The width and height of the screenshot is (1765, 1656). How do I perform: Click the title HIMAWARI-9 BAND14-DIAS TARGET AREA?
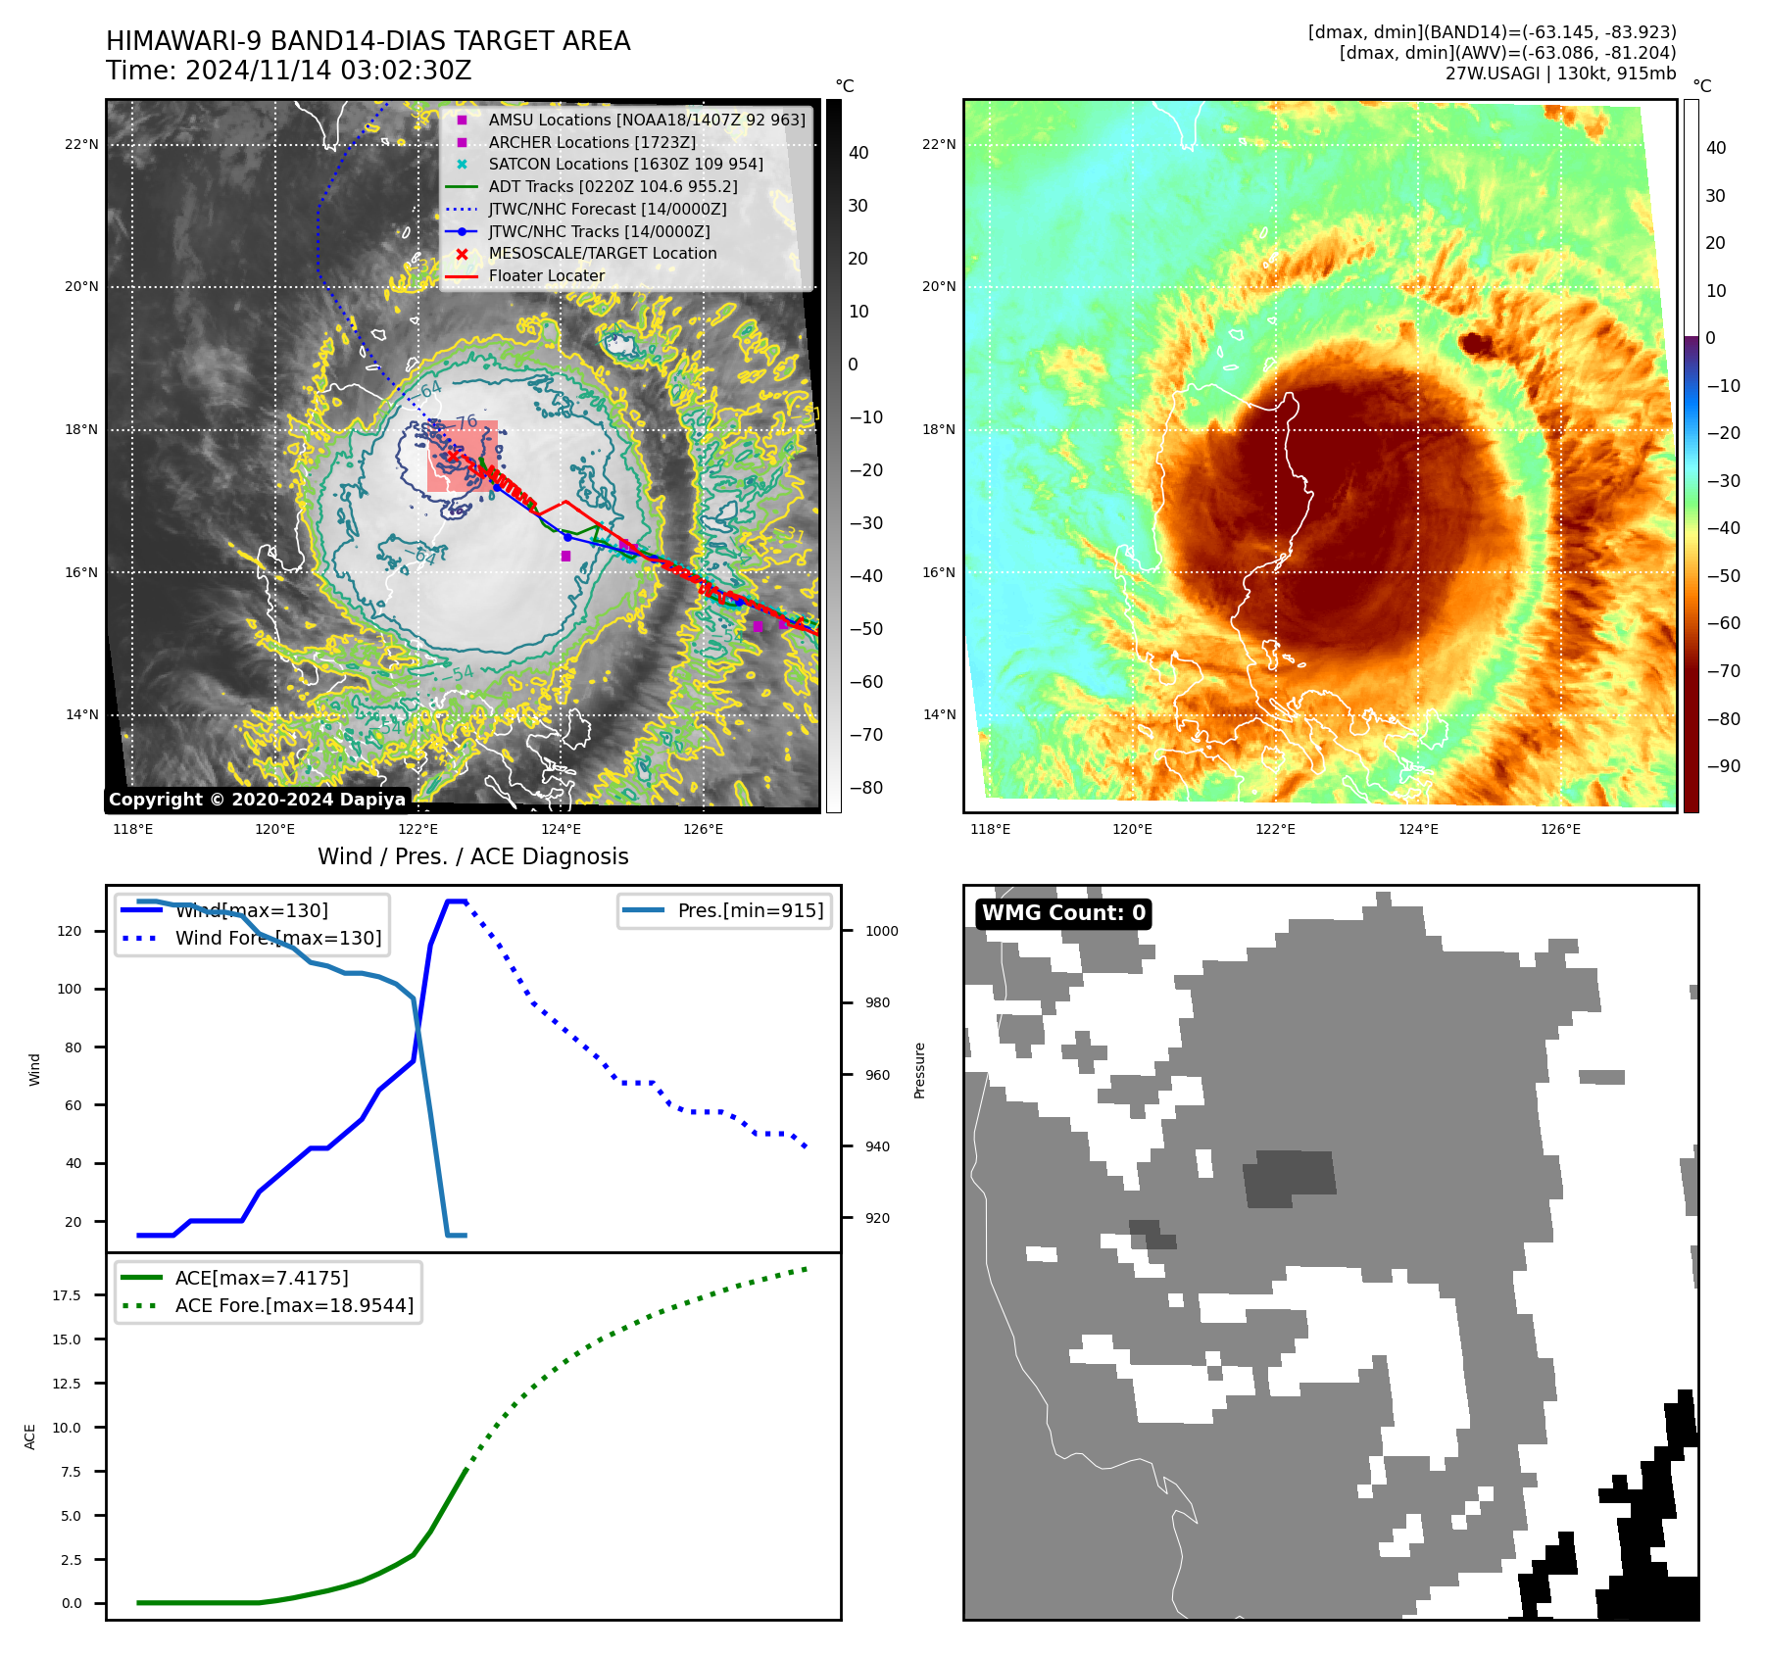[368, 41]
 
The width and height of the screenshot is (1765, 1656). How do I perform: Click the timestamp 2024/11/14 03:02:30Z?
[327, 72]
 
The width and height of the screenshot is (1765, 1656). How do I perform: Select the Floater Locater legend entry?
[546, 276]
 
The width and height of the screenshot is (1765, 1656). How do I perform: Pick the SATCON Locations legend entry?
[625, 165]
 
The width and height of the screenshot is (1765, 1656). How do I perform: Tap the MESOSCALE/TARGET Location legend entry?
[602, 254]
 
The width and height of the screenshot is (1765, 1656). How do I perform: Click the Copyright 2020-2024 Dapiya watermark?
[257, 800]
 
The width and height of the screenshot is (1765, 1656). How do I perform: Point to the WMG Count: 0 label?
[1063, 913]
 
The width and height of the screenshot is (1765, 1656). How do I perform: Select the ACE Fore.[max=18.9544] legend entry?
[294, 1305]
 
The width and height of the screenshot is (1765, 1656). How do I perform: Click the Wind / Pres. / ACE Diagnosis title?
[472, 856]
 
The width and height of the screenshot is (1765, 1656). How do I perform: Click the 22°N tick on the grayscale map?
[81, 145]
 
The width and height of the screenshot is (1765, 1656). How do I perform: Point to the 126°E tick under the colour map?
[1560, 830]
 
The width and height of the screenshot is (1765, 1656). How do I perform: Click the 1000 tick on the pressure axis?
[881, 932]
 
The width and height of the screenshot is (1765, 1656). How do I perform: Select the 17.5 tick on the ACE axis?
[67, 1295]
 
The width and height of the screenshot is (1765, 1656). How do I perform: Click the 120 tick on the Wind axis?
[70, 932]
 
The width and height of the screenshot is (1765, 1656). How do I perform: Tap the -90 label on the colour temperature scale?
[1723, 766]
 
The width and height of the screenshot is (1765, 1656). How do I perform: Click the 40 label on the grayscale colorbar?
[858, 153]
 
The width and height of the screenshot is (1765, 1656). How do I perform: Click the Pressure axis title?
[919, 1070]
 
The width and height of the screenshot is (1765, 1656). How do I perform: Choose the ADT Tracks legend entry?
[613, 187]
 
